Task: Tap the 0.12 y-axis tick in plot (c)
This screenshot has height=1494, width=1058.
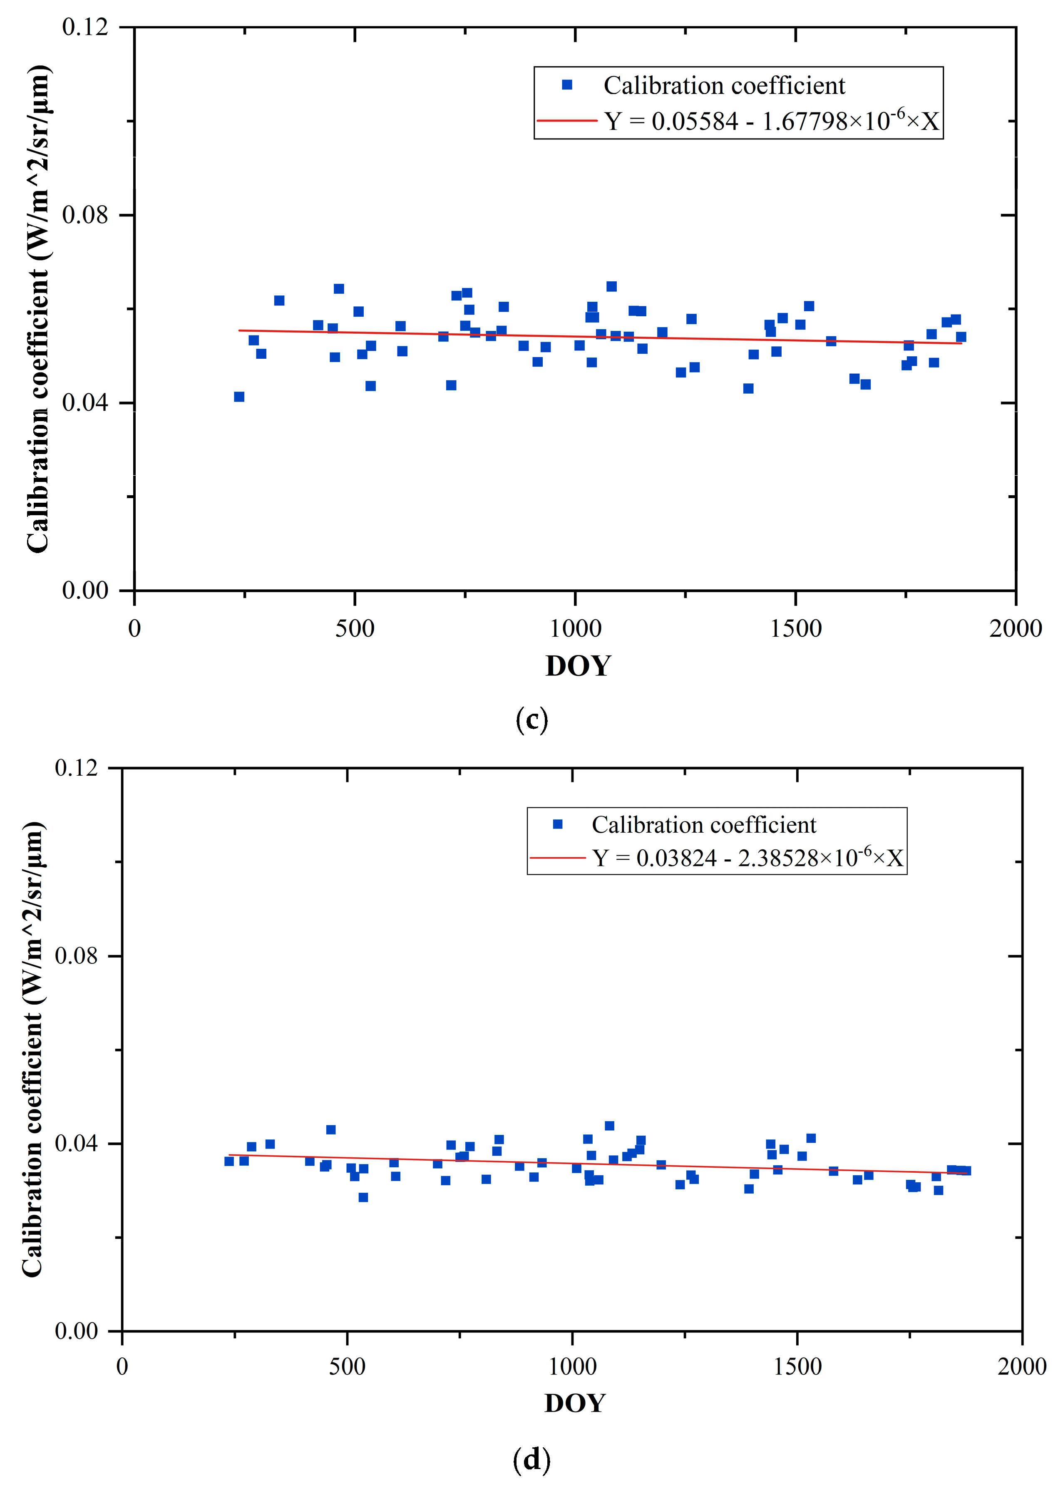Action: point(84,27)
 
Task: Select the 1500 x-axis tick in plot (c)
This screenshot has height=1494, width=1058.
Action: point(795,628)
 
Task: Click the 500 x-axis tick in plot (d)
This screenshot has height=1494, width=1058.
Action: point(347,1366)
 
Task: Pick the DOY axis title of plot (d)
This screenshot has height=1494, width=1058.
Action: point(575,1403)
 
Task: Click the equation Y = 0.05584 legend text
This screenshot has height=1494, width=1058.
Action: point(771,121)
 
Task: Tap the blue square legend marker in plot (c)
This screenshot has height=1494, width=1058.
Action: point(567,84)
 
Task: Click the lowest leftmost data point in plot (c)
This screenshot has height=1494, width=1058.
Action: point(239,397)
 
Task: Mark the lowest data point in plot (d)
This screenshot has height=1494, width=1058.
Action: point(363,1197)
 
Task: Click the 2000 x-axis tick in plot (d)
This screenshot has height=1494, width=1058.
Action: point(1021,1366)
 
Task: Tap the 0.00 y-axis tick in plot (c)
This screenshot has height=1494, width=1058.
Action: point(84,590)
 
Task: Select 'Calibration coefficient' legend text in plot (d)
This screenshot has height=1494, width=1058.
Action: point(703,825)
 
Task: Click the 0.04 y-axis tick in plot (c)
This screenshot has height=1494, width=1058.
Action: point(84,402)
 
